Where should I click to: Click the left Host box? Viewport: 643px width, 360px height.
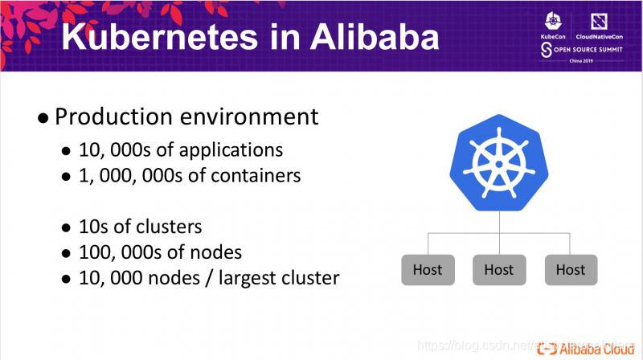click(x=428, y=269)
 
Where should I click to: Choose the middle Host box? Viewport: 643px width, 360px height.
click(x=498, y=269)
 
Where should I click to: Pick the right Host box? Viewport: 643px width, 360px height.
click(x=570, y=269)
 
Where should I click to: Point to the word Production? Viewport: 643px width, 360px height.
click(x=112, y=117)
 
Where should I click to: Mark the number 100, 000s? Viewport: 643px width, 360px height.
click(x=118, y=252)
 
